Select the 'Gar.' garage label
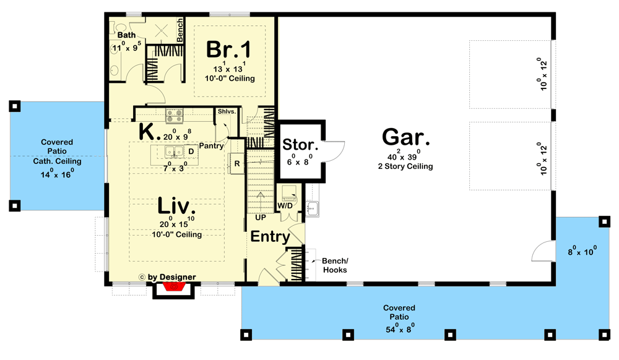[406, 137]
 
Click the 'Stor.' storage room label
[300, 145]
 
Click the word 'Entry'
[271, 236]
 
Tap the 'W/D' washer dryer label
[285, 205]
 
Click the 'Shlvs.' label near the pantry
[226, 112]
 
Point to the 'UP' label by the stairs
[260, 218]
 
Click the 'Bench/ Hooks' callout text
[334, 265]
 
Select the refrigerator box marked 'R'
[237, 163]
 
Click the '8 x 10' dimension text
[582, 251]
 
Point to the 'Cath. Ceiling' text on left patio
[57, 161]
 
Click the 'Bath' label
[127, 35]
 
